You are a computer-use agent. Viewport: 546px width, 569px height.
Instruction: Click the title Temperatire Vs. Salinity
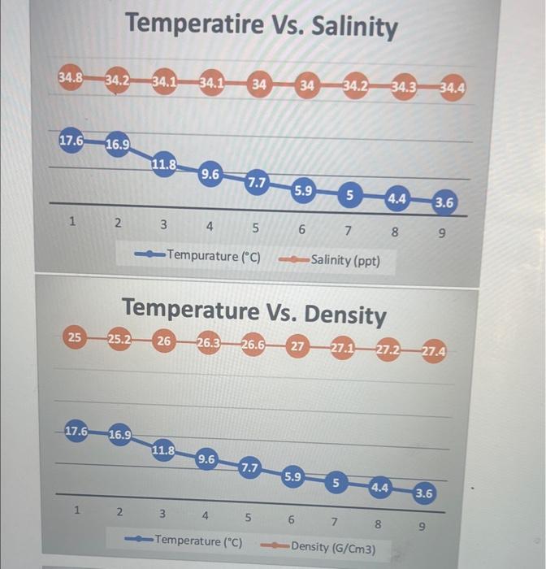coord(262,26)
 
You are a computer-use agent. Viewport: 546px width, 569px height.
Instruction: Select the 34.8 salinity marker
coord(70,79)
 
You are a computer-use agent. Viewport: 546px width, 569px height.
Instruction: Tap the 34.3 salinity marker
coord(404,85)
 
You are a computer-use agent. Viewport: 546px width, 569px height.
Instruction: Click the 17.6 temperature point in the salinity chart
coord(71,140)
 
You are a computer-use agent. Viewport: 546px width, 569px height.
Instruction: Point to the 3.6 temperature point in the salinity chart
coord(444,202)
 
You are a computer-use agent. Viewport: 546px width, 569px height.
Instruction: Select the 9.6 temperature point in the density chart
coord(206,459)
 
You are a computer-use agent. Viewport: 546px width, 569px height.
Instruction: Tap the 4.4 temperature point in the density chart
coord(379,488)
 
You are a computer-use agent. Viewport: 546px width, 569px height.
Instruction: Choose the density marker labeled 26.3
coord(209,342)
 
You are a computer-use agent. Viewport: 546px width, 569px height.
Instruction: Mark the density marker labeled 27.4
coord(433,352)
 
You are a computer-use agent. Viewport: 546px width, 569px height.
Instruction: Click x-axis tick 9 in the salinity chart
coord(441,232)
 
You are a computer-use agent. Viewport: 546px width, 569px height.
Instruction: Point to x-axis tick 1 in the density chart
coord(76,511)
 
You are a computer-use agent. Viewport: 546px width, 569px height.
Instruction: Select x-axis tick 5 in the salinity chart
coord(255,228)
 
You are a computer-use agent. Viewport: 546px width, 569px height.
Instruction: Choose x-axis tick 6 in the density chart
coord(291,519)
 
